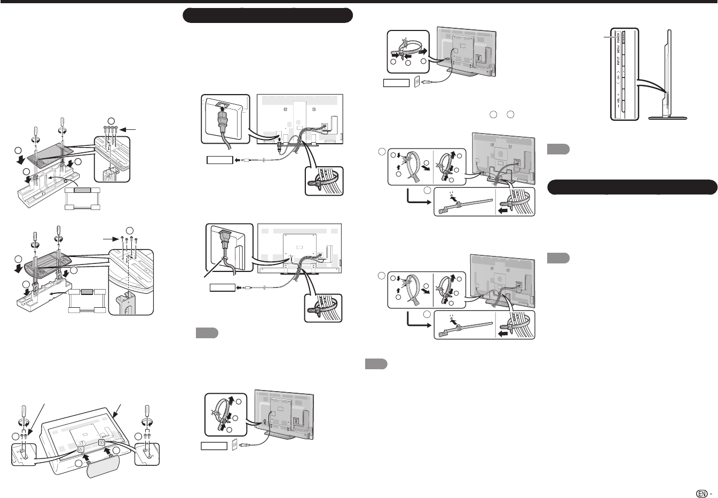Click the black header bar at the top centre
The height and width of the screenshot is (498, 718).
[268, 15]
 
